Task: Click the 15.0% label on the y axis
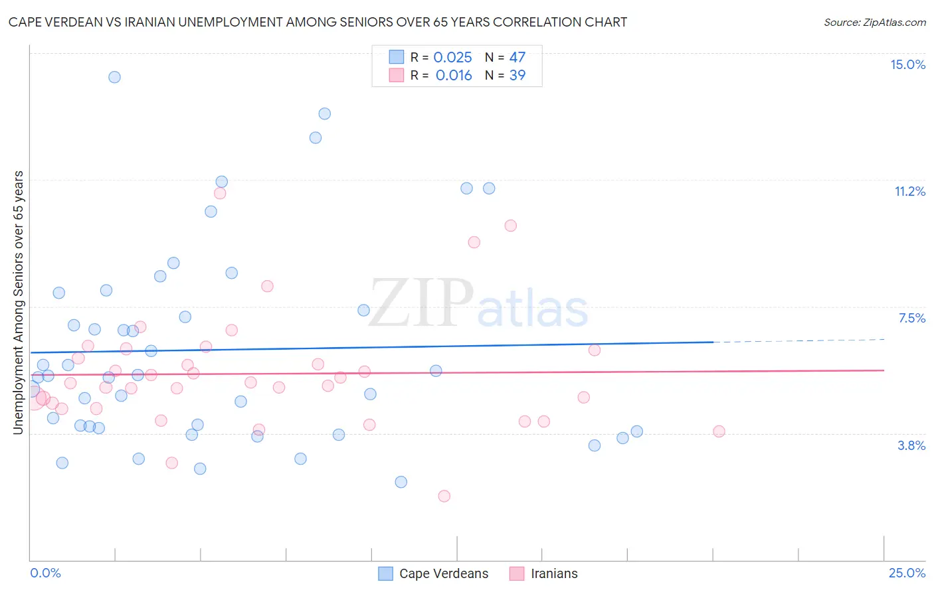click(907, 64)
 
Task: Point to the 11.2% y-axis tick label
click(909, 191)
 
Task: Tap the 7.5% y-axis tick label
click(911, 318)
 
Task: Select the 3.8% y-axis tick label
click(911, 445)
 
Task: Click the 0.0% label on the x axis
click(45, 573)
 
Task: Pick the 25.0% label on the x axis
click(907, 573)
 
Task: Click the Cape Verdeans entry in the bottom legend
click(443, 573)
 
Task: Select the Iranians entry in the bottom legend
click(554, 573)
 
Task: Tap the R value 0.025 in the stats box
click(452, 58)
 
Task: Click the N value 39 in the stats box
click(517, 76)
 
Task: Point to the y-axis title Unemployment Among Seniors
click(18, 303)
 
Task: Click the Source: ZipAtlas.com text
click(874, 23)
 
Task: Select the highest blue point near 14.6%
click(114, 77)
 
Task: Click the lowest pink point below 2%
click(444, 496)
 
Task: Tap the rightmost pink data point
click(719, 431)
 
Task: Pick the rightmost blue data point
click(636, 431)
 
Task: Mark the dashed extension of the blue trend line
click(797, 340)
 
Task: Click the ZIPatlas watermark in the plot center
click(478, 305)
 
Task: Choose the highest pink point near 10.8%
click(220, 193)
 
